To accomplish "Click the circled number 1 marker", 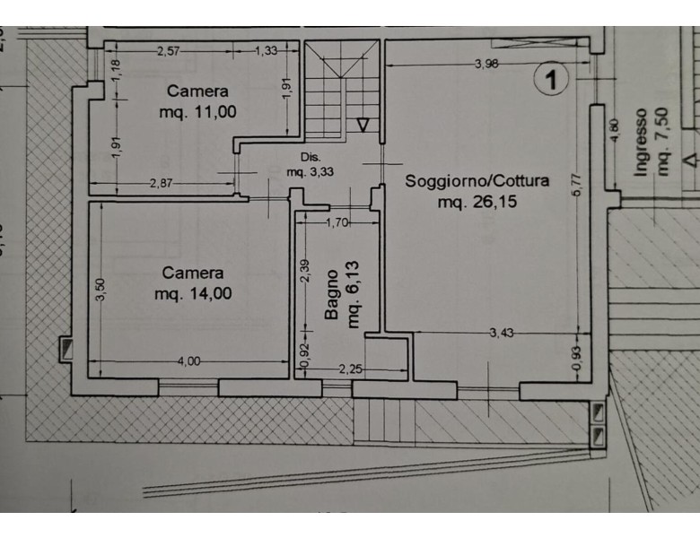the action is click(x=551, y=79).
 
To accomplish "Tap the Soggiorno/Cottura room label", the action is click(x=477, y=181).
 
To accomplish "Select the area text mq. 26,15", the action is click(x=477, y=202).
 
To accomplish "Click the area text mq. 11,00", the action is click(x=197, y=112).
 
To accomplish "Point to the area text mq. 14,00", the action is click(x=193, y=293).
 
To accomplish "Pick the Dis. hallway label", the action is click(x=310, y=157).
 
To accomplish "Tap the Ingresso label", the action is click(x=641, y=143).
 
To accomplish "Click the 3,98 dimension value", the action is click(x=486, y=64).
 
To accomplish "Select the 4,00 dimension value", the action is click(x=188, y=360).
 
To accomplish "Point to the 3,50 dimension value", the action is click(x=101, y=290).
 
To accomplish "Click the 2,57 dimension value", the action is click(x=169, y=51).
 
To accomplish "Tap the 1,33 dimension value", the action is click(x=266, y=51).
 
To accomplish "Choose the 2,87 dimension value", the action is click(x=161, y=183).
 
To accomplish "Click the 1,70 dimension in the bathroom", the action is click(x=337, y=222).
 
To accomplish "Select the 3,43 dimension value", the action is click(x=502, y=333).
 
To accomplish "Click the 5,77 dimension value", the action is click(x=577, y=184).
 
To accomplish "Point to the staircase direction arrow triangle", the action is click(x=363, y=125).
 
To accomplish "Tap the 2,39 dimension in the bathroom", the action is click(x=305, y=271).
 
